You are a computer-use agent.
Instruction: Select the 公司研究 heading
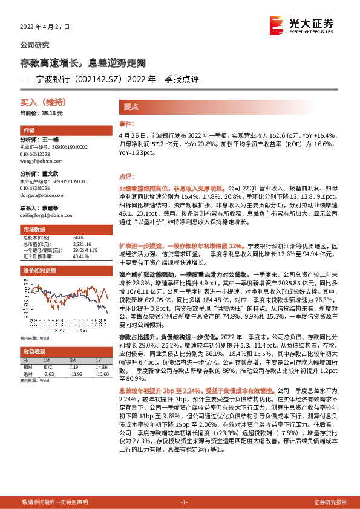pos(34,45)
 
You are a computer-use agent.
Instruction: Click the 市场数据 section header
pos(34,230)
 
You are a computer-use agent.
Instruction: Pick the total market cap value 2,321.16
pos(80,243)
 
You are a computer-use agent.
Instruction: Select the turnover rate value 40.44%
pos(80,256)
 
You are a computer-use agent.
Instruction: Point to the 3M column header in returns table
pos(75,359)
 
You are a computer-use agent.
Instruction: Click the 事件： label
pos(125,123)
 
